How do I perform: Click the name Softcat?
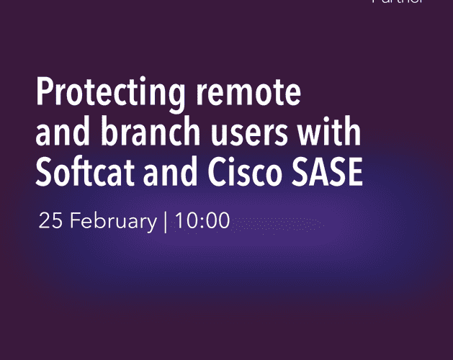coord(84,174)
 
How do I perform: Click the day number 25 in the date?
coord(48,221)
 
